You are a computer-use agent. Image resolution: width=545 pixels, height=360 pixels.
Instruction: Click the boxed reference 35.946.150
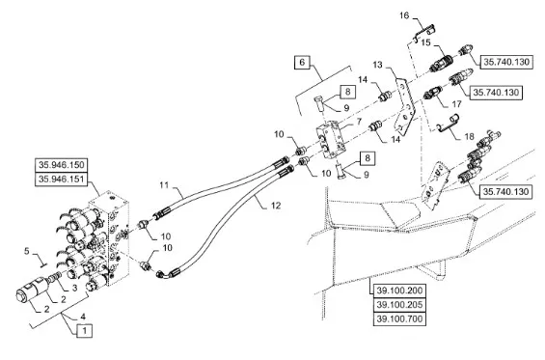click(61, 165)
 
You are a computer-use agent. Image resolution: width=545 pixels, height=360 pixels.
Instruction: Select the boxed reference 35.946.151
click(61, 180)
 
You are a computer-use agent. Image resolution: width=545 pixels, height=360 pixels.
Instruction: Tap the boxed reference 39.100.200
click(399, 291)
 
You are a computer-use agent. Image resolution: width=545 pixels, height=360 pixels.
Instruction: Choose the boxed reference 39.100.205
click(399, 305)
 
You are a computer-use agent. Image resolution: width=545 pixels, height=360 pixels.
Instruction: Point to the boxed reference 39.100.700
click(399, 318)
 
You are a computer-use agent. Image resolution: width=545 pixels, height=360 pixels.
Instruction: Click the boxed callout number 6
click(302, 63)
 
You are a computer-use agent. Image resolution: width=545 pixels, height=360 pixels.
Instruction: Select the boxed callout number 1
click(84, 330)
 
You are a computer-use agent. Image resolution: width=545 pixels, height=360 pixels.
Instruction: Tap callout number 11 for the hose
click(164, 184)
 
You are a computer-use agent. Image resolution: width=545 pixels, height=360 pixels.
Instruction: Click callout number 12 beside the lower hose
click(276, 206)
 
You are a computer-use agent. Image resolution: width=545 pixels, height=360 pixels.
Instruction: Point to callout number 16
click(404, 15)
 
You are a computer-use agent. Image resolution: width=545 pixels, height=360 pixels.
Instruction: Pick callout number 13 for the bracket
click(378, 65)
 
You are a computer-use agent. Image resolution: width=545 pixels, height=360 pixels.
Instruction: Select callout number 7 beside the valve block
click(359, 122)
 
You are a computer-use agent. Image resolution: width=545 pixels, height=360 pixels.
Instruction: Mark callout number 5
click(27, 250)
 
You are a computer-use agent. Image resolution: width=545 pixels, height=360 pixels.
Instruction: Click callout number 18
click(470, 137)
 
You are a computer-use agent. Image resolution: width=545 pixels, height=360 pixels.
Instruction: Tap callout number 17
click(456, 104)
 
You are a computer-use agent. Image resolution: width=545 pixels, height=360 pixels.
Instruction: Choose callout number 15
click(425, 42)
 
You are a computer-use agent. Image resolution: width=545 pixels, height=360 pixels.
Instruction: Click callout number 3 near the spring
click(74, 288)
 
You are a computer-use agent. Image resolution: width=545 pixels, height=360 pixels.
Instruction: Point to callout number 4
click(83, 317)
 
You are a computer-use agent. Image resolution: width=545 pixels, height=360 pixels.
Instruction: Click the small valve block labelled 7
click(331, 140)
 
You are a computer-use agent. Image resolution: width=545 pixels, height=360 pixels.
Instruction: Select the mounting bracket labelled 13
click(405, 106)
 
